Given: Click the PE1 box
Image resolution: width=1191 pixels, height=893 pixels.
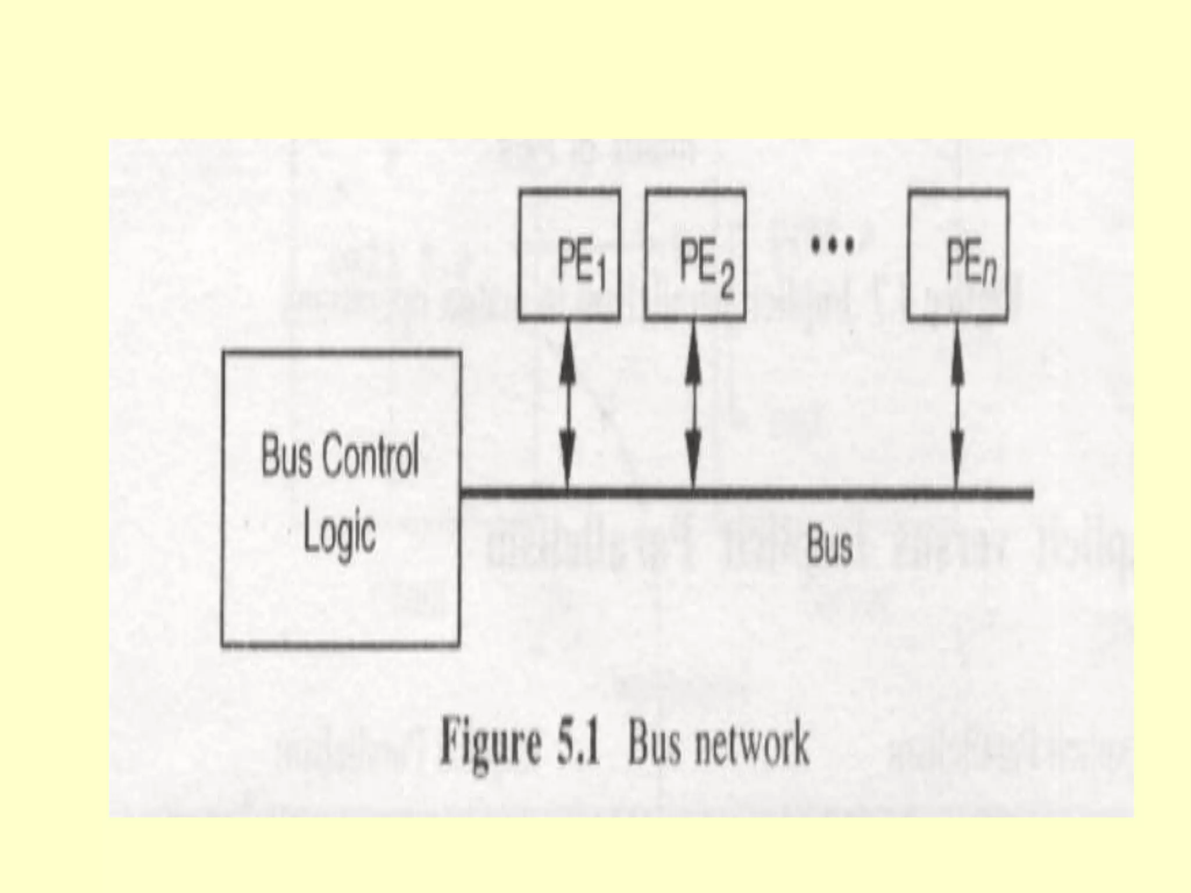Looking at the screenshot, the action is (569, 255).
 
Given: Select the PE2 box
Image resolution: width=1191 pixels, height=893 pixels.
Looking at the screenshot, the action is (695, 255).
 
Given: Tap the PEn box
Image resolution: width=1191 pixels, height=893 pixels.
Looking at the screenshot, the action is (958, 255).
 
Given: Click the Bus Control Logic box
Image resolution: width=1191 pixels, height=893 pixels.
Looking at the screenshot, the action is (341, 498).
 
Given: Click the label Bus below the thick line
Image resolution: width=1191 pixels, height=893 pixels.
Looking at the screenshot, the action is (829, 546).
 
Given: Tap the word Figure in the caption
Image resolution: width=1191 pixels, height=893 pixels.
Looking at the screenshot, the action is (488, 746).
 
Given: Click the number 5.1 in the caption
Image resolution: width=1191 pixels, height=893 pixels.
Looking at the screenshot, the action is (577, 745).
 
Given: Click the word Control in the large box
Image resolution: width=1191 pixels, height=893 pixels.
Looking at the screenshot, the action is (370, 458).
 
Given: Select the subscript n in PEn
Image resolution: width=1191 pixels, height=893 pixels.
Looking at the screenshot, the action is (989, 273).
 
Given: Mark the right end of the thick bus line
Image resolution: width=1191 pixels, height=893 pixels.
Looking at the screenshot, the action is (1030, 495).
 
